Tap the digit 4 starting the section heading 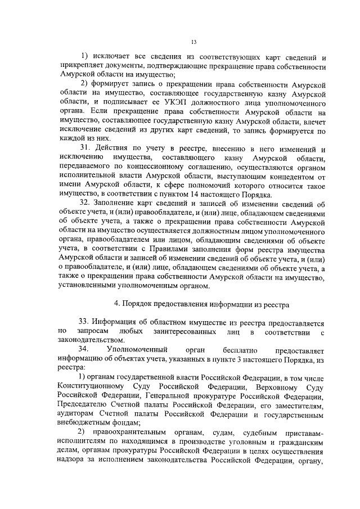click(116, 304)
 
